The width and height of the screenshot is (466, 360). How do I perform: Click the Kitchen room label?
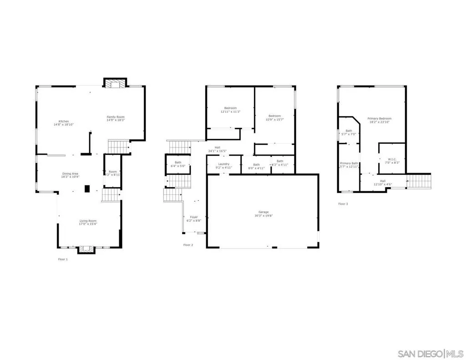pos(63,121)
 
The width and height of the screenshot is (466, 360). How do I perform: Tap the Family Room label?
pos(116,117)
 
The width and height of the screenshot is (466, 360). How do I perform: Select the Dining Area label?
pos(71,173)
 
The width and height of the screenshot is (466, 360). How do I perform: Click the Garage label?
pos(263,212)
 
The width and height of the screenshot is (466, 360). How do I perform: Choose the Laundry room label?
pos(223,164)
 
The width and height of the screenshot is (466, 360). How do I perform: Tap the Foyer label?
pos(194,217)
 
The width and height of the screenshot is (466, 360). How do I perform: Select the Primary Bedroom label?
pos(379,119)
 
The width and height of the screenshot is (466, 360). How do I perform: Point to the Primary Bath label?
pos(349,163)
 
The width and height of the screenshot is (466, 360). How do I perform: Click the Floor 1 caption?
pos(62,259)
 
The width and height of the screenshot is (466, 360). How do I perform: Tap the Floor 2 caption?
pos(188,245)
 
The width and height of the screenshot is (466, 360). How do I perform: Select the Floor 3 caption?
pos(343,204)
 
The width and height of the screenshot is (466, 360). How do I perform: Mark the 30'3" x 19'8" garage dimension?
pos(263,215)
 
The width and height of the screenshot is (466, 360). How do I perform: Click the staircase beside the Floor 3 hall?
pos(418,180)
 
